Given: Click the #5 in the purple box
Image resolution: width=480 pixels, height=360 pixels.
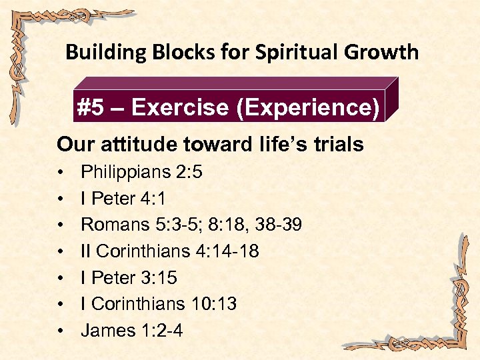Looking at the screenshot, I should (93, 108).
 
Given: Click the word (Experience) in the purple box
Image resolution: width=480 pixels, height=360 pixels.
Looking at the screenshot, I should (308, 108).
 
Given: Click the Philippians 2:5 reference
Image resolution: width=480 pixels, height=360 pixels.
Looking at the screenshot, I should (141, 172).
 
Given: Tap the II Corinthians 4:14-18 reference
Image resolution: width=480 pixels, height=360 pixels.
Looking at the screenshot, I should (169, 251).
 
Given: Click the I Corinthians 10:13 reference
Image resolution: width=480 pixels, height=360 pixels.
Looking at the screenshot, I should (159, 304).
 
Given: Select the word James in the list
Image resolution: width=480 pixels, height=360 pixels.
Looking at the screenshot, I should (103, 331).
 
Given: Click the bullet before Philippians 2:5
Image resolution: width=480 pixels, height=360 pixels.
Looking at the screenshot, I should (60, 173).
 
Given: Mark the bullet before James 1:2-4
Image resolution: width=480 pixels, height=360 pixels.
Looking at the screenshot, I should (60, 331).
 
